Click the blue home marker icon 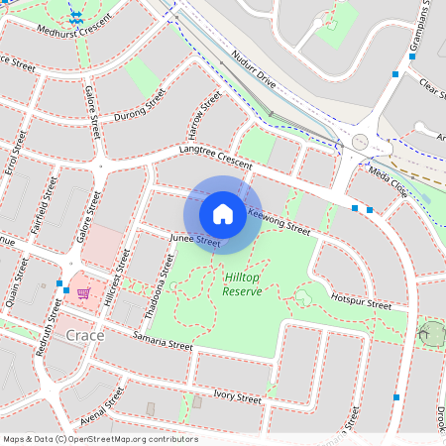[x=223, y=213]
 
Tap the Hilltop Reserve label [x=241, y=284]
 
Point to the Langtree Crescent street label [x=216, y=156]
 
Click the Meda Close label [x=388, y=181]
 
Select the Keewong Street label [x=279, y=221]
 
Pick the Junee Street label [x=194, y=239]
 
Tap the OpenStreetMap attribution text [x=99, y=439]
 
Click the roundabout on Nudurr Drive [x=360, y=143]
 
